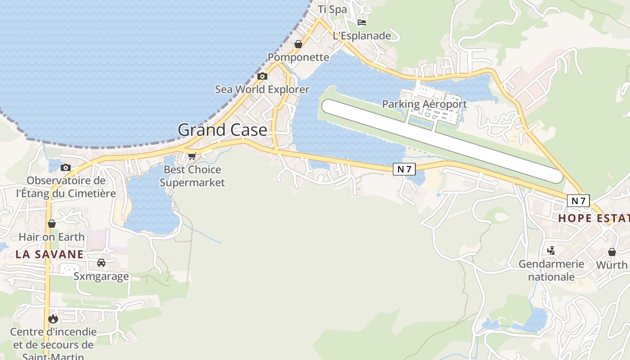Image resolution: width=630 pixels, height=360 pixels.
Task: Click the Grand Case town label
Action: pyautogui.click(x=223, y=130)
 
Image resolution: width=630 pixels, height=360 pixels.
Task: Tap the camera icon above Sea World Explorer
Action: pyautogui.click(x=262, y=76)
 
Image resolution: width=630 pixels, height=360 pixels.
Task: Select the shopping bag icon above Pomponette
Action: pyautogui.click(x=298, y=44)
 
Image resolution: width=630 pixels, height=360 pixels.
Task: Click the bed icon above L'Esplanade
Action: pyautogui.click(x=362, y=22)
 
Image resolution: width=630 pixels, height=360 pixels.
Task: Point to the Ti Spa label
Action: pyautogui.click(x=332, y=9)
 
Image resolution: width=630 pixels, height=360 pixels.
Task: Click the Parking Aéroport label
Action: pyautogui.click(x=424, y=104)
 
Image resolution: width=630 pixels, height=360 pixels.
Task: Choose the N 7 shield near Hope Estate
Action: pyautogui.click(x=578, y=201)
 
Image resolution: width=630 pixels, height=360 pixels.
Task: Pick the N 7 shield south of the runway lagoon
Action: pyautogui.click(x=404, y=169)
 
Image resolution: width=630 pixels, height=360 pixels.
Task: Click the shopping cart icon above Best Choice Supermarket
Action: pyautogui.click(x=192, y=156)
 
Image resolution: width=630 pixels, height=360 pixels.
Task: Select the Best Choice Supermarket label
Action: pyautogui.click(x=192, y=176)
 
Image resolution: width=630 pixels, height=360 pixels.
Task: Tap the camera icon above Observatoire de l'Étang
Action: pyautogui.click(x=66, y=168)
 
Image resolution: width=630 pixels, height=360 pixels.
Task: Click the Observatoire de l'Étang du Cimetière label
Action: pyautogui.click(x=66, y=187)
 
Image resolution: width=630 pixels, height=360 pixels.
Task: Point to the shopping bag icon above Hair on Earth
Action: pyautogui.click(x=52, y=224)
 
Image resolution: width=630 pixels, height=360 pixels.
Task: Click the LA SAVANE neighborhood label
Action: pyautogui.click(x=49, y=254)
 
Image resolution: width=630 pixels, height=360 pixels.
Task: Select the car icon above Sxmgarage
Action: pyautogui.click(x=101, y=263)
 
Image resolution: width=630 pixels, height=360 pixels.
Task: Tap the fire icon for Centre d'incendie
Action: pyautogui.click(x=54, y=319)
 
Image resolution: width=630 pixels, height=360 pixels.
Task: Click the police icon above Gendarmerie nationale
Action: pyautogui.click(x=551, y=250)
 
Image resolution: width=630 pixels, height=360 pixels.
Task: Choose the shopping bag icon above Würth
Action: pyautogui.click(x=612, y=252)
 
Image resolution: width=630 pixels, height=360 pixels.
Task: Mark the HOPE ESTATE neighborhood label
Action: pyautogui.click(x=594, y=219)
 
